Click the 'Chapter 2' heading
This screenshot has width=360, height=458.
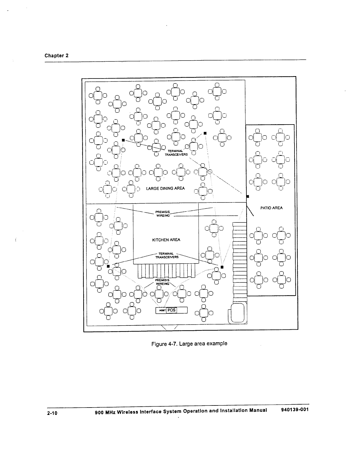pos(56,55)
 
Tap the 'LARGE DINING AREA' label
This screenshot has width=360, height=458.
pos(165,188)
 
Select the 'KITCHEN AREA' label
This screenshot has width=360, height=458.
pos(166,240)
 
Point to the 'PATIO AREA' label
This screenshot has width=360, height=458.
pos(271,208)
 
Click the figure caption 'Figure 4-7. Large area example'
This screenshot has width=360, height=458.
pos(189,344)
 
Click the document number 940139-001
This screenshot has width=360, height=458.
pos(293,410)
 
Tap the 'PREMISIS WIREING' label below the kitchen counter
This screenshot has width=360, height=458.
pos(162,282)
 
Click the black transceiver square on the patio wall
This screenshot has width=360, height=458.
pos(248,196)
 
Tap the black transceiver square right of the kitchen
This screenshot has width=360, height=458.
pos(222,267)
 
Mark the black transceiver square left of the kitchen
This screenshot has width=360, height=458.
pos(108,266)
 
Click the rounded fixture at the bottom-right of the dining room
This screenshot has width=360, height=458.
pos(238,313)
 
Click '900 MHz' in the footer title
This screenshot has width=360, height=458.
pos(102,412)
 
